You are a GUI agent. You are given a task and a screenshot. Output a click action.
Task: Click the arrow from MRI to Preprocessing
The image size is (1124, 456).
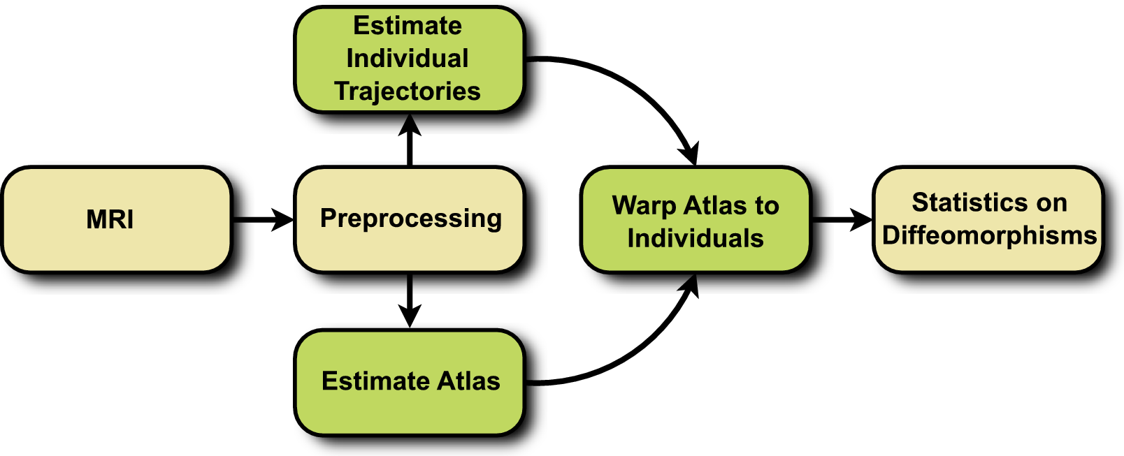tap(263, 220)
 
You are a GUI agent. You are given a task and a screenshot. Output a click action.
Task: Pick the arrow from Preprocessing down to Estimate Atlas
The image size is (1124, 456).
tap(410, 300)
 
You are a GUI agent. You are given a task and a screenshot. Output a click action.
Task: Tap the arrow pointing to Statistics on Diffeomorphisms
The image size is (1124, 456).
tap(842, 220)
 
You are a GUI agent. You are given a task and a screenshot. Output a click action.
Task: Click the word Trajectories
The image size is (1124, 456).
tap(408, 91)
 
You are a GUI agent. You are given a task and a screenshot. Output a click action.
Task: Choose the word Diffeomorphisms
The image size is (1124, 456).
tap(989, 236)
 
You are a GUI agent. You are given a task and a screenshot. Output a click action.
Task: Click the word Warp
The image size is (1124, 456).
tap(644, 206)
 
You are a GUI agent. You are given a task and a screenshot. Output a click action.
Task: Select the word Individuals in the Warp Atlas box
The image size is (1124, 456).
tap(696, 239)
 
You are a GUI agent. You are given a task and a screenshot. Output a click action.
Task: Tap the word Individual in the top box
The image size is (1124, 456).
tap(408, 59)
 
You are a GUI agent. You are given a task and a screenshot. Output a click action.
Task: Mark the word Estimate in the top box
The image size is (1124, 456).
tap(408, 26)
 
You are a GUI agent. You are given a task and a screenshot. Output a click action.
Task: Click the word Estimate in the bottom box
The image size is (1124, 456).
tap(375, 381)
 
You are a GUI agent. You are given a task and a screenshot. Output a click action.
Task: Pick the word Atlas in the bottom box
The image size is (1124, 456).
tap(468, 381)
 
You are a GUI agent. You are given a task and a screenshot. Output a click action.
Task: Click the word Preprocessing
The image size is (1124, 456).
tap(411, 219)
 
